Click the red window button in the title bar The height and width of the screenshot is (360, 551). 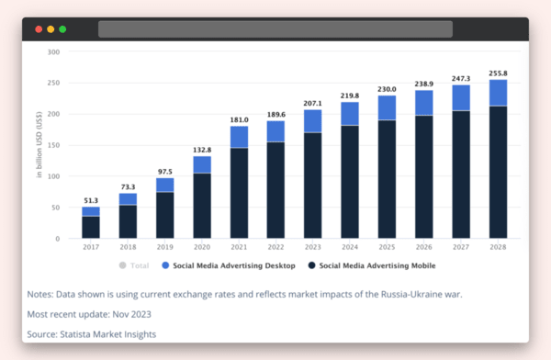point(39,29)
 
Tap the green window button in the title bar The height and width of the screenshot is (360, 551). point(62,29)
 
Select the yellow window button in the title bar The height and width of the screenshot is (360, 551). point(51,29)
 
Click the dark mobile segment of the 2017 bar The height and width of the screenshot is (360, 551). point(90,227)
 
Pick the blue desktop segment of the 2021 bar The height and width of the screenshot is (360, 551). point(239,137)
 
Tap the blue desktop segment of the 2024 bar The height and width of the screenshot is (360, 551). point(350,113)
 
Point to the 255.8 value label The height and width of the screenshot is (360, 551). point(498,73)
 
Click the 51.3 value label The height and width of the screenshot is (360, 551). point(90,200)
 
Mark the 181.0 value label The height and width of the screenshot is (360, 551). point(239,118)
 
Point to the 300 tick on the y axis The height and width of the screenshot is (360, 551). point(53,52)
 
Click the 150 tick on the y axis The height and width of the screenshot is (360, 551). point(53,145)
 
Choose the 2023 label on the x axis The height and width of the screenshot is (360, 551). point(313,247)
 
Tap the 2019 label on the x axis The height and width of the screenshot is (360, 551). point(164,247)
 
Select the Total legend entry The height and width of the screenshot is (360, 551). point(135,265)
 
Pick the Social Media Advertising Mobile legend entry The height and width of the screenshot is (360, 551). point(372,265)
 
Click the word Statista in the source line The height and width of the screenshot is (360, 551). point(81,334)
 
